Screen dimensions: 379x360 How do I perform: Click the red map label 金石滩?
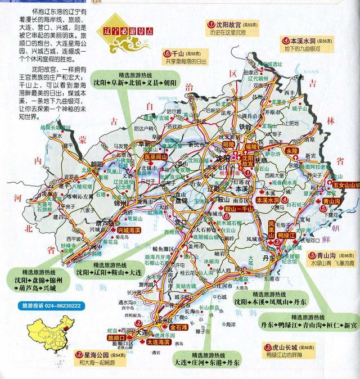(164, 326)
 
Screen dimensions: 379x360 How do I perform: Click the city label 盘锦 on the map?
(181, 201)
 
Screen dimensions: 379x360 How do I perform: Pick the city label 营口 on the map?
(183, 223)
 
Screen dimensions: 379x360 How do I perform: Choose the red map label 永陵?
(291, 152)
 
